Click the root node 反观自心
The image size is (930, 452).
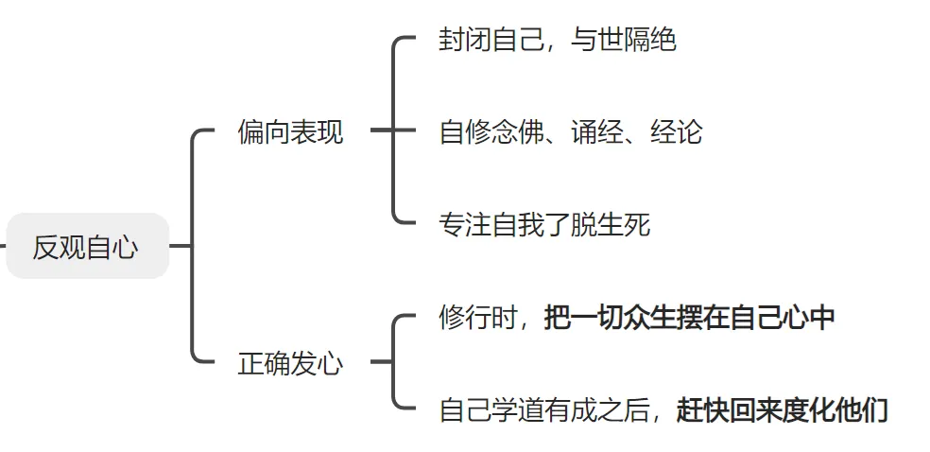pos(86,247)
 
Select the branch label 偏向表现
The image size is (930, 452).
pos(290,132)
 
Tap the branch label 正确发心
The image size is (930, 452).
pos(290,364)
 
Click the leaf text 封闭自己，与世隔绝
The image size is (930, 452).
pos(558,41)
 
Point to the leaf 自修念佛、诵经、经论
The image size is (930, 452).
pos(571,132)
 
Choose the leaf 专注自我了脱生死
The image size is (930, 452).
pos(544,225)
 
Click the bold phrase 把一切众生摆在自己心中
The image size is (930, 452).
pos(690,318)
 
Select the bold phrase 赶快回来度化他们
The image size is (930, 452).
pos(783,410)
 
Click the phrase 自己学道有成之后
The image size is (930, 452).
pos(544,410)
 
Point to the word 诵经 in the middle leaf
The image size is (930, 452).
pos(597,132)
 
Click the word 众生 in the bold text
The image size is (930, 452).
pos(650,318)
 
